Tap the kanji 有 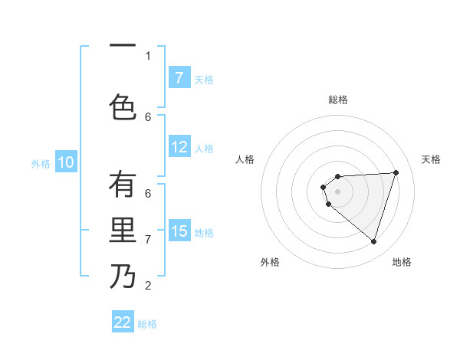click(x=123, y=185)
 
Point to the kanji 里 click(x=123, y=231)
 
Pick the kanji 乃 click(x=123, y=277)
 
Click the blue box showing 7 click(x=179, y=78)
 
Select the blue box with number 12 click(x=179, y=148)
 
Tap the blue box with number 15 click(x=179, y=231)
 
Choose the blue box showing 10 click(x=66, y=162)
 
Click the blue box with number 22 click(x=123, y=322)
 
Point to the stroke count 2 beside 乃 click(x=148, y=286)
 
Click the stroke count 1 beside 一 click(x=148, y=55)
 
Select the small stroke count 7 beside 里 click(x=148, y=240)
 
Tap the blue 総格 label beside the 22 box click(x=147, y=324)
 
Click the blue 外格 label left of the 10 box click(x=40, y=163)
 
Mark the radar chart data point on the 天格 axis click(x=396, y=172)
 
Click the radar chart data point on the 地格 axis click(x=373, y=242)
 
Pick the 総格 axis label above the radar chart click(x=338, y=100)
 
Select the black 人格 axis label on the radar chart click(x=245, y=159)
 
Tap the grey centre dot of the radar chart click(x=337, y=191)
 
